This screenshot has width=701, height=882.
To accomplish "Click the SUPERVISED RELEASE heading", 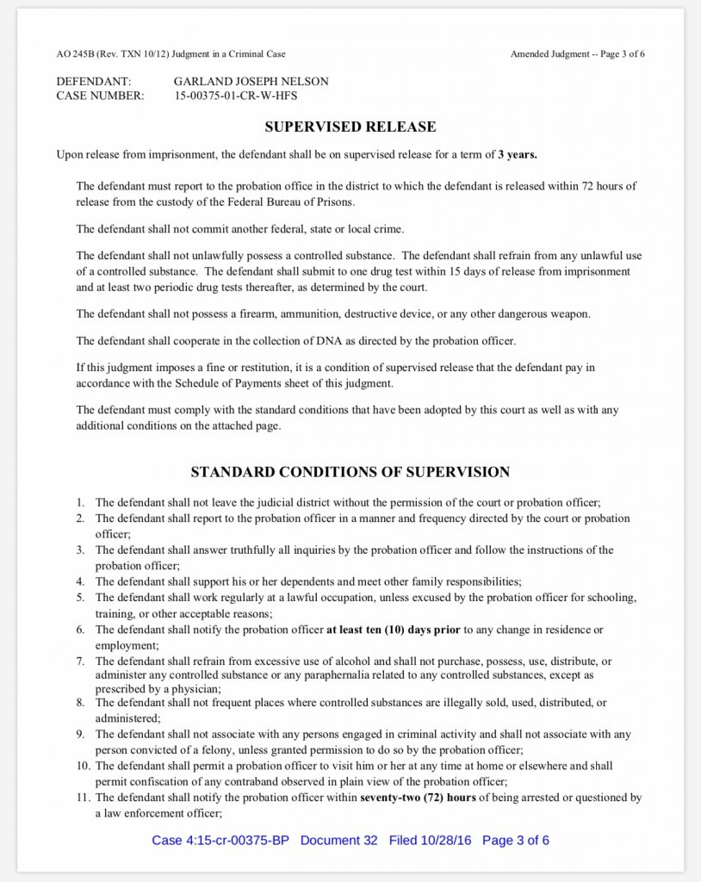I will coord(350,127).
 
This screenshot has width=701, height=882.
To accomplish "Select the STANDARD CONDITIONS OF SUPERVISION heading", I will coord(350,472).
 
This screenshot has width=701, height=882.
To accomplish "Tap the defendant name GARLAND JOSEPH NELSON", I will coord(251,82).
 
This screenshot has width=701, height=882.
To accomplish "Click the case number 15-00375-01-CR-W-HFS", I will coord(235,96).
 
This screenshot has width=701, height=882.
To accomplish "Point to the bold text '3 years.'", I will coord(517,155).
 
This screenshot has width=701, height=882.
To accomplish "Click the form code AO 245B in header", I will coord(76,54).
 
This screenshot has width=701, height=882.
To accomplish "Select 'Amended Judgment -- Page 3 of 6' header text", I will coord(577,54).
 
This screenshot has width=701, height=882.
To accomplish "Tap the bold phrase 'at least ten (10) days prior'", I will coord(394,630).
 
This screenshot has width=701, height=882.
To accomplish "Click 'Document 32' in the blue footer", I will coord(338,840).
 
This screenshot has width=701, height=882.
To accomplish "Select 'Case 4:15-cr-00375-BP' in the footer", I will coord(220,840).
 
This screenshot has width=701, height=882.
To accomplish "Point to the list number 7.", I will coord(79,661).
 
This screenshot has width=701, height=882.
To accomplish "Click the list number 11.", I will coord(81,798).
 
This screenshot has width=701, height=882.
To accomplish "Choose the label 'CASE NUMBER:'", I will coord(100,96).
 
